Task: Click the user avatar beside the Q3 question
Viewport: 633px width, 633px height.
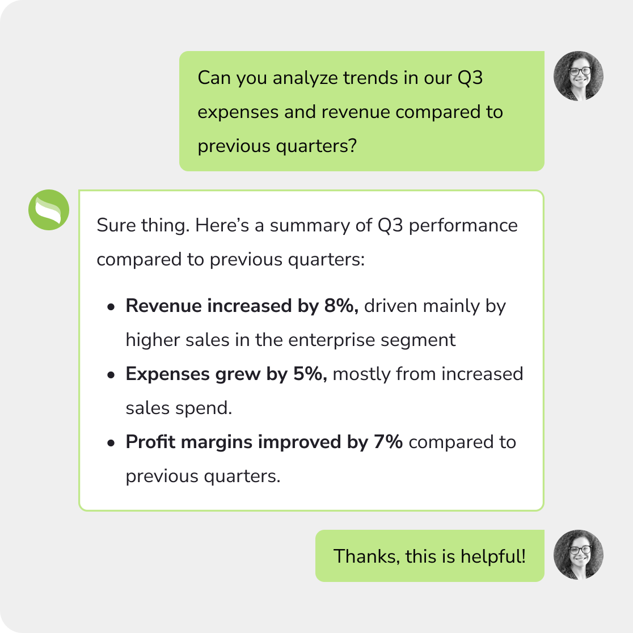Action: click(578, 76)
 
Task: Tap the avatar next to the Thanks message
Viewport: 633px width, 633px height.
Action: click(578, 555)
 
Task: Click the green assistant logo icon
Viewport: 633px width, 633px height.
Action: click(49, 210)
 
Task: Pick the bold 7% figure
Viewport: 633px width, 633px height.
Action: click(388, 442)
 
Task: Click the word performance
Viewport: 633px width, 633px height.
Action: click(463, 226)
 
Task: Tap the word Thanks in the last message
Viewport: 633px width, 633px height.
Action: click(366, 556)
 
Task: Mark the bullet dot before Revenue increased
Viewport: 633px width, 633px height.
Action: click(111, 307)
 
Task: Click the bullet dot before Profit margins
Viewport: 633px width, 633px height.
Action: click(111, 443)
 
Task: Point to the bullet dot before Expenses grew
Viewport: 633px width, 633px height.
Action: click(111, 375)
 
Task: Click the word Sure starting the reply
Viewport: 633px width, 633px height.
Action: click(115, 226)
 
